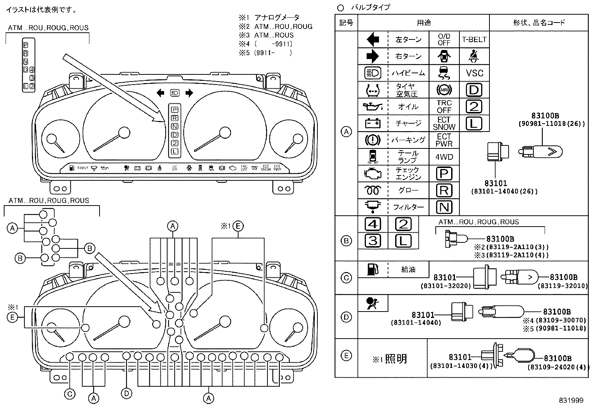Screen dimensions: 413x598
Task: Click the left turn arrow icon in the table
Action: tap(372, 39)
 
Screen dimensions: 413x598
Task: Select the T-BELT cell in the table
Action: tap(474, 39)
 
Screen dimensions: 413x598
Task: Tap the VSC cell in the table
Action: tap(474, 73)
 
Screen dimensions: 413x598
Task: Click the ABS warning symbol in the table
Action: tap(444, 90)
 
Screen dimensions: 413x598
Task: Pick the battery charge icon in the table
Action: tap(372, 123)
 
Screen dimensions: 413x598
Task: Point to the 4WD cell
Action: tap(444, 157)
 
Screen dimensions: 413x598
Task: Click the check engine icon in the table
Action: tap(372, 174)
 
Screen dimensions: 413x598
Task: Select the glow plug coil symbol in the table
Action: tap(372, 191)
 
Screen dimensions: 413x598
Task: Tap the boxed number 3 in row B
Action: tap(373, 241)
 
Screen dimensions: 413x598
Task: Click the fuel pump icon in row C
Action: tap(372, 269)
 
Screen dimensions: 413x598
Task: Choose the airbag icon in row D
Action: tap(372, 303)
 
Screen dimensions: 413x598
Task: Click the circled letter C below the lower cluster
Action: tap(70, 394)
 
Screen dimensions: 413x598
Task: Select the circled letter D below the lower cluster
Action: tap(127, 393)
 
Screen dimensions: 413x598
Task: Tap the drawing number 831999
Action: tap(571, 401)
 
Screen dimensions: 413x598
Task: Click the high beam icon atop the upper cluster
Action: tap(175, 92)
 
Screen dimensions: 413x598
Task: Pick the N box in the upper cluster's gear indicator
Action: tap(175, 126)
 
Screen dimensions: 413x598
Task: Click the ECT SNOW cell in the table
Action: tap(444, 123)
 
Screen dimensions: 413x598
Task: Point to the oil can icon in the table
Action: tap(372, 107)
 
